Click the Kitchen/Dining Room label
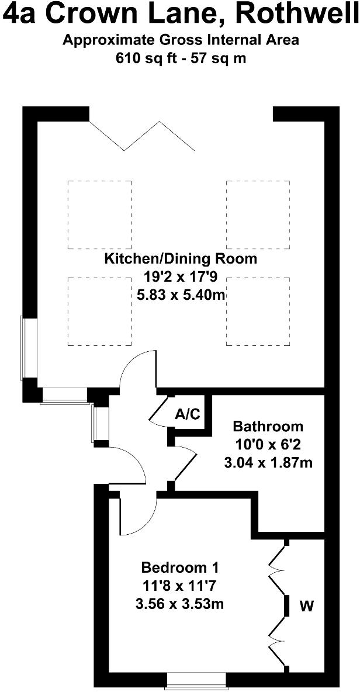click(x=180, y=258)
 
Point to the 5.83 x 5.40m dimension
click(x=180, y=295)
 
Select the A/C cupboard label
click(x=188, y=415)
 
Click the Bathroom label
click(x=268, y=426)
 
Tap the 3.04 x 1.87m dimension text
click(x=268, y=463)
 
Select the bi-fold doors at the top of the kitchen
click(x=141, y=136)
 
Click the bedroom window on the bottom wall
click(x=196, y=680)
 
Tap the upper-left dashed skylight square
click(x=99, y=214)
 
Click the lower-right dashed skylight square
click(x=258, y=312)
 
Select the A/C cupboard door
click(x=159, y=409)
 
